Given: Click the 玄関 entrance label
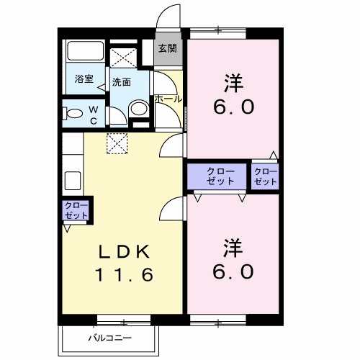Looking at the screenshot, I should (167, 49).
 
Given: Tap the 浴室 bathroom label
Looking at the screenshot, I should (84, 79).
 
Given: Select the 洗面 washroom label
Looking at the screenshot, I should (121, 82).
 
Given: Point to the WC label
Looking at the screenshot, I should (94, 114).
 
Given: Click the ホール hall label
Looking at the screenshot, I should (167, 98).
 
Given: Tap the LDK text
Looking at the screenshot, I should (123, 251).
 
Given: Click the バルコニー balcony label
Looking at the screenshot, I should (109, 337).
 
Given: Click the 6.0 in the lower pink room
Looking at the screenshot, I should (232, 272).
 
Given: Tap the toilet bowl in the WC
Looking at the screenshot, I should (73, 114).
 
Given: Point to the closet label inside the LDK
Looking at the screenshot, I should (75, 211).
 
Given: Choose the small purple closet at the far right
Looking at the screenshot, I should (265, 176).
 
